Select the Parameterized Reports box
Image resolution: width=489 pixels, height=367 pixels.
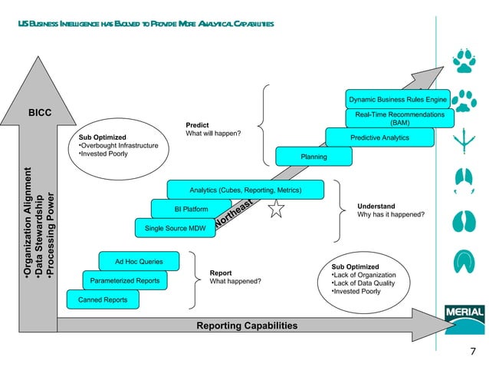pyautogui.click(x=125, y=281)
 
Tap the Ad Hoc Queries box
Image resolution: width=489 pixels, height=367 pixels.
pyautogui.click(x=138, y=262)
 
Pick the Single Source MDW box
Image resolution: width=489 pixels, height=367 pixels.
pyautogui.click(x=176, y=229)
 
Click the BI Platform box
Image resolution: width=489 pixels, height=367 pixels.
pyautogui.click(x=191, y=209)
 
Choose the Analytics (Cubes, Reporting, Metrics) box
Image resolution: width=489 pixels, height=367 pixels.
pyautogui.click(x=244, y=190)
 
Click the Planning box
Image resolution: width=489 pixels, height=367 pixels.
pyautogui.click(x=313, y=157)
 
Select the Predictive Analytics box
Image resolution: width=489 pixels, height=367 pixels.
pyautogui.click(x=379, y=137)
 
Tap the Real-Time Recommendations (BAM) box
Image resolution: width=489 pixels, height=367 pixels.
pyautogui.click(x=399, y=118)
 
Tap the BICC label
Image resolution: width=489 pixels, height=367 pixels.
pyautogui.click(x=40, y=113)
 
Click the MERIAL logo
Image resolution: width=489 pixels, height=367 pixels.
pyautogui.click(x=463, y=314)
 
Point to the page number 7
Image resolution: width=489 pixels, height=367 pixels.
pyautogui.click(x=472, y=352)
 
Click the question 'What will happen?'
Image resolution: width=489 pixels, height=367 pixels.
pyautogui.click(x=214, y=134)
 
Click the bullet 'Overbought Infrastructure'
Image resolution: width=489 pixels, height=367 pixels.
pyautogui.click(x=119, y=145)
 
